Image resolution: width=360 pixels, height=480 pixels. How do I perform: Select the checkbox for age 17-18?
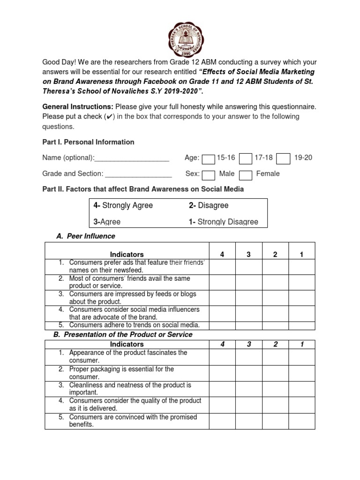246,159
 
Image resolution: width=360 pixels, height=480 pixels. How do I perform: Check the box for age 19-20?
283,159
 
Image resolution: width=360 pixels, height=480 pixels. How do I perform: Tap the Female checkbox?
246,175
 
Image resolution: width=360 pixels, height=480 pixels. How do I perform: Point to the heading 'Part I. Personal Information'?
88,142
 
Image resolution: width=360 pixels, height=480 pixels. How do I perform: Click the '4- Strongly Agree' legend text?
123,205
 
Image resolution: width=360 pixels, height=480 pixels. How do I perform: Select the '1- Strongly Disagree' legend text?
223,222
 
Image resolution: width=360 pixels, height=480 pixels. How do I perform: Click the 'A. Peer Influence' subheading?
86,236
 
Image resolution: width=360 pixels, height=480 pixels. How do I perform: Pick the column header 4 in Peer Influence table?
222,255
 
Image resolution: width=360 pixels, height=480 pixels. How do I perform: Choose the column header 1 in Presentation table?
302,345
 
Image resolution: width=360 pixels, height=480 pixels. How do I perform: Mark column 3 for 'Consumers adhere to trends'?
248,325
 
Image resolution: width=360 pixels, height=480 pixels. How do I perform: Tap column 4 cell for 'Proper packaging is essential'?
222,373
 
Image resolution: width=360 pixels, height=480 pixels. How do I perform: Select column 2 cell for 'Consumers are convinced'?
275,420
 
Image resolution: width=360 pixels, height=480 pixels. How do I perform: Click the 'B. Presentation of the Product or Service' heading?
123,335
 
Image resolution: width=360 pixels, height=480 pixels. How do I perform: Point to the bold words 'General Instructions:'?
78,107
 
